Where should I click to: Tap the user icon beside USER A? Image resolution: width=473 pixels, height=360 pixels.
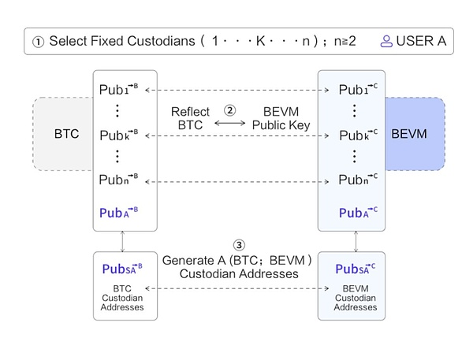(386, 41)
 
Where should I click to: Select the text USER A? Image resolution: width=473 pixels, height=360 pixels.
(419, 41)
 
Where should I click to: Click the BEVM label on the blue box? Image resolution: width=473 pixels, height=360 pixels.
(409, 133)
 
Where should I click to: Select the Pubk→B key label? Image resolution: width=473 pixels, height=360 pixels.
(119, 135)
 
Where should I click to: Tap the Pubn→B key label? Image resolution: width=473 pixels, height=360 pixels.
(119, 180)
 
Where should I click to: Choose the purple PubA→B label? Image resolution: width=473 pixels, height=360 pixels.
(119, 213)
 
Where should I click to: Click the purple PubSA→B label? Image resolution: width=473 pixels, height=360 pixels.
(122, 269)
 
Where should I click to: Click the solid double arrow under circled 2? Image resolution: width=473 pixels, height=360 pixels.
(231, 124)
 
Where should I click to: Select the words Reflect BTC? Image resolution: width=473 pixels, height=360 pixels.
(190, 118)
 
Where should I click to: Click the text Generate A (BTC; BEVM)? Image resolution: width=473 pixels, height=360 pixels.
(237, 260)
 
